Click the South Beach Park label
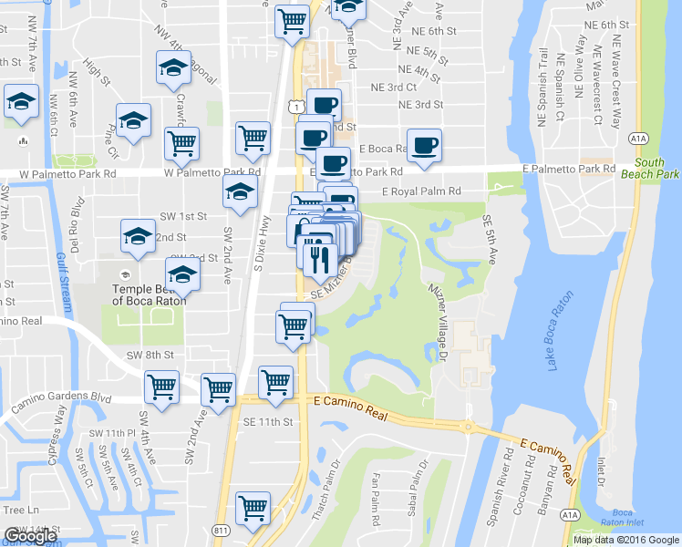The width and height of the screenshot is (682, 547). pos(656,168)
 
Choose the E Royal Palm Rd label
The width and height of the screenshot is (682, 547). pos(421,191)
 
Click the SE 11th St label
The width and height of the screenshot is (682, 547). pos(268,422)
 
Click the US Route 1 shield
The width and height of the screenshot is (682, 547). pos(298,108)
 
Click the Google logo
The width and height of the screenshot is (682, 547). pos(30,536)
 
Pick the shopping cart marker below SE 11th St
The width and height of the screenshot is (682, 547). pos(253,507)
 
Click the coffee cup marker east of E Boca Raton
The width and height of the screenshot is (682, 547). pos(424,145)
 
